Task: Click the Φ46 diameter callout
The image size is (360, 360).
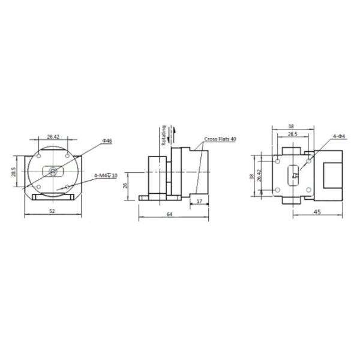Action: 107,140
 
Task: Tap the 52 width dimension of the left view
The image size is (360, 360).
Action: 53,211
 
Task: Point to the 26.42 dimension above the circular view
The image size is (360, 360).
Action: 53,137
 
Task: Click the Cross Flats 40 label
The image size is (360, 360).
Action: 220,139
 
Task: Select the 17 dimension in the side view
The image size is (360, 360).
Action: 199,201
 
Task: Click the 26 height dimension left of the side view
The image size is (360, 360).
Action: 125,185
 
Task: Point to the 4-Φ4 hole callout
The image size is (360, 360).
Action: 340,137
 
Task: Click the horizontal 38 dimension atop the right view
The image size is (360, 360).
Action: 291,127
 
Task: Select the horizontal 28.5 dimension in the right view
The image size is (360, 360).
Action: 292,135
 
